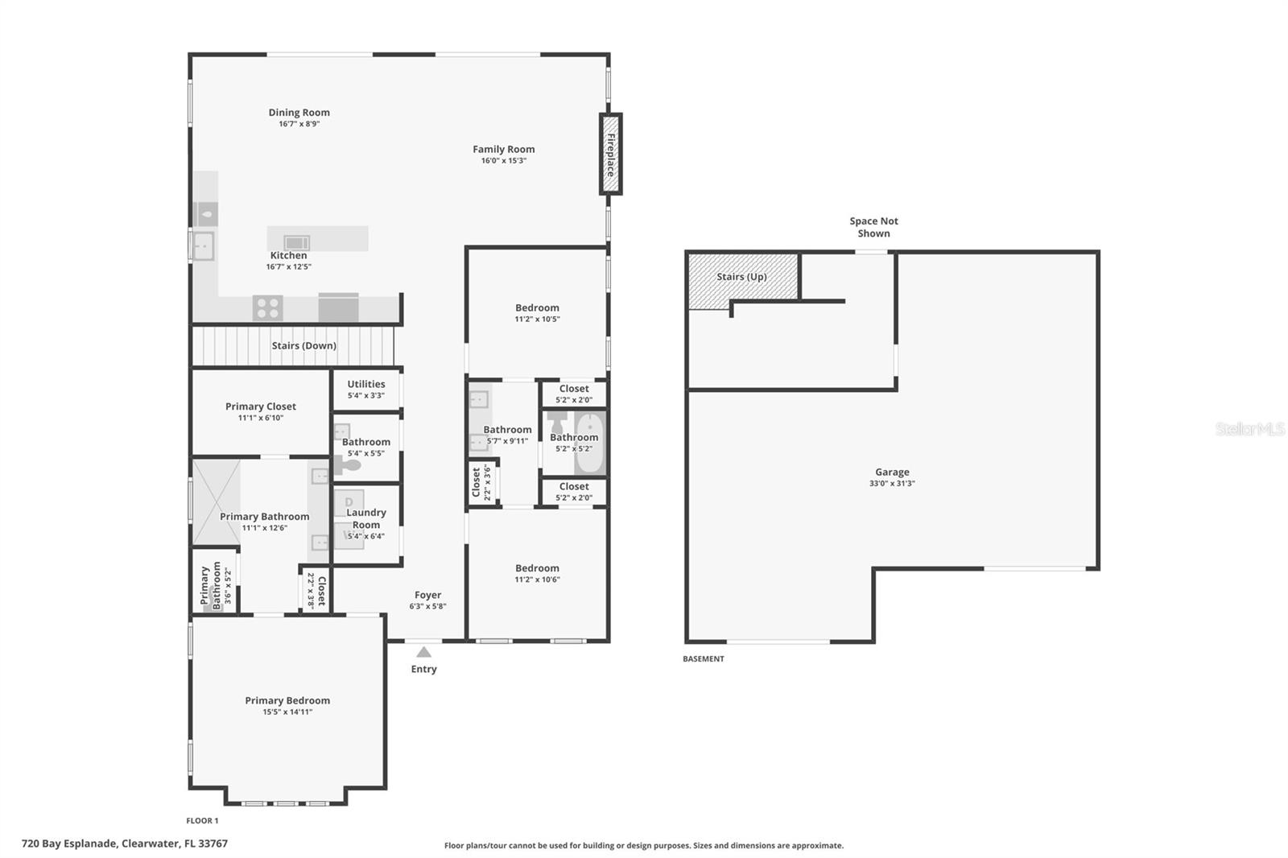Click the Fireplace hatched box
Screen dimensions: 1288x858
click(x=611, y=154)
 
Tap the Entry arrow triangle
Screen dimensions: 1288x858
click(x=423, y=652)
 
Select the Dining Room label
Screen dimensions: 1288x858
click(x=299, y=112)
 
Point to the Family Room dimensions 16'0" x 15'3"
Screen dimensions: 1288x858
click(x=504, y=160)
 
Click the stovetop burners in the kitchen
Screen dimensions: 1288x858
click(x=268, y=307)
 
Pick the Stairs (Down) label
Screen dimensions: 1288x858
click(x=303, y=345)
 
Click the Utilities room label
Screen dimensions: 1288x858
click(x=366, y=384)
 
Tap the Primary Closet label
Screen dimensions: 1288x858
click(x=261, y=406)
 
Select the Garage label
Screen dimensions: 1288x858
click(x=892, y=472)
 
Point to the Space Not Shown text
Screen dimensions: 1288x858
click(x=873, y=227)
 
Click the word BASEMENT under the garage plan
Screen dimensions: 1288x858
click(x=704, y=659)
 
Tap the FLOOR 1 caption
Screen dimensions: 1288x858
click(x=202, y=821)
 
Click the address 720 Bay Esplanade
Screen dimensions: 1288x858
click(x=70, y=844)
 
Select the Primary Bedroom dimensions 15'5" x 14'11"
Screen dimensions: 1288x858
click(x=287, y=712)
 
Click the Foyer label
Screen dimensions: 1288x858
click(x=427, y=595)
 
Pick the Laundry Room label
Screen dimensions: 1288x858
click(x=366, y=518)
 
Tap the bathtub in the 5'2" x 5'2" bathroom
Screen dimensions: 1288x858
click(x=590, y=443)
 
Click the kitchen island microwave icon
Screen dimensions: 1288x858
click(x=297, y=243)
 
